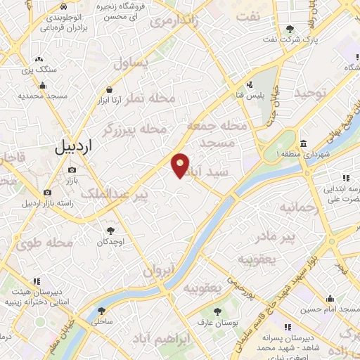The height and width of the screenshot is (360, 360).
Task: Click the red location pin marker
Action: pyautogui.click(x=181, y=165)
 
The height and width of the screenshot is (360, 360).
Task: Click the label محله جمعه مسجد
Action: pyautogui.click(x=217, y=134)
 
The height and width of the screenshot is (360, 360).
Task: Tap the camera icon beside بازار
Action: pyautogui.click(x=72, y=170)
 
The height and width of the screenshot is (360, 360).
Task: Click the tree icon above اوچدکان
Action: pyautogui.click(x=110, y=230)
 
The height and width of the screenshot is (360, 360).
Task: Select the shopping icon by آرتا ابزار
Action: pyautogui.click(x=110, y=89)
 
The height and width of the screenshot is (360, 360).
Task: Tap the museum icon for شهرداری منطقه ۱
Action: pyautogui.click(x=303, y=144)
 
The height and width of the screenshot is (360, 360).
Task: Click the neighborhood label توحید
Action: pyautogui.click(x=311, y=93)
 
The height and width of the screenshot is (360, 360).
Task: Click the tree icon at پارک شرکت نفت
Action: pyautogui.click(x=290, y=29)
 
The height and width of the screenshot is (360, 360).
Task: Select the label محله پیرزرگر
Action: pyautogui.click(x=134, y=129)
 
